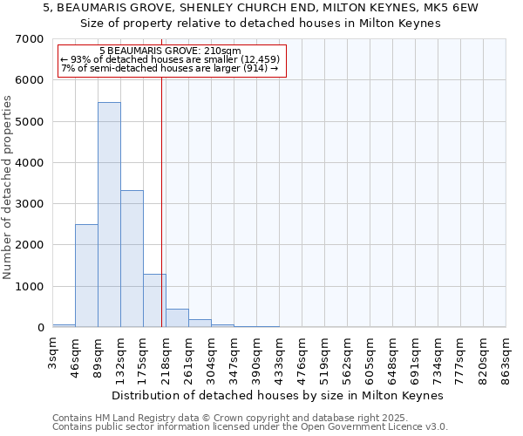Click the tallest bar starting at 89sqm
tap(109, 215)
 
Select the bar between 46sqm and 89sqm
tap(86, 276)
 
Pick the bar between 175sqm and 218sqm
tap(154, 301)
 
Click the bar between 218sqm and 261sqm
tap(177, 318)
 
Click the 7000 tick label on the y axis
tap(29, 39)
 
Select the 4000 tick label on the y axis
tap(29, 163)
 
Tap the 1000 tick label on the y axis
tap(29, 287)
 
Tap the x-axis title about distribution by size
tap(278, 395)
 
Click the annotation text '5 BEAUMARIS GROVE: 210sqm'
tap(164, 51)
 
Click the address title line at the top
tap(261, 7)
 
